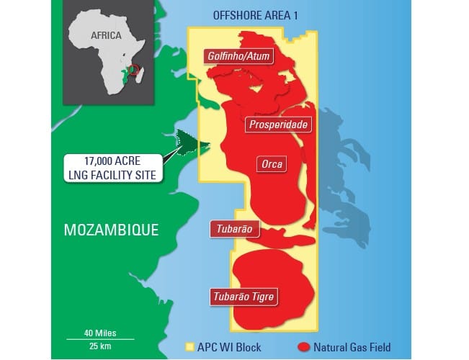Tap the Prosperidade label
278,125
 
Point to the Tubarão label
233,229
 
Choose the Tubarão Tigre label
244,296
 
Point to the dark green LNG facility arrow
186,144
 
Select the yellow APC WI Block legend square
190,347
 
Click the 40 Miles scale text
99,333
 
